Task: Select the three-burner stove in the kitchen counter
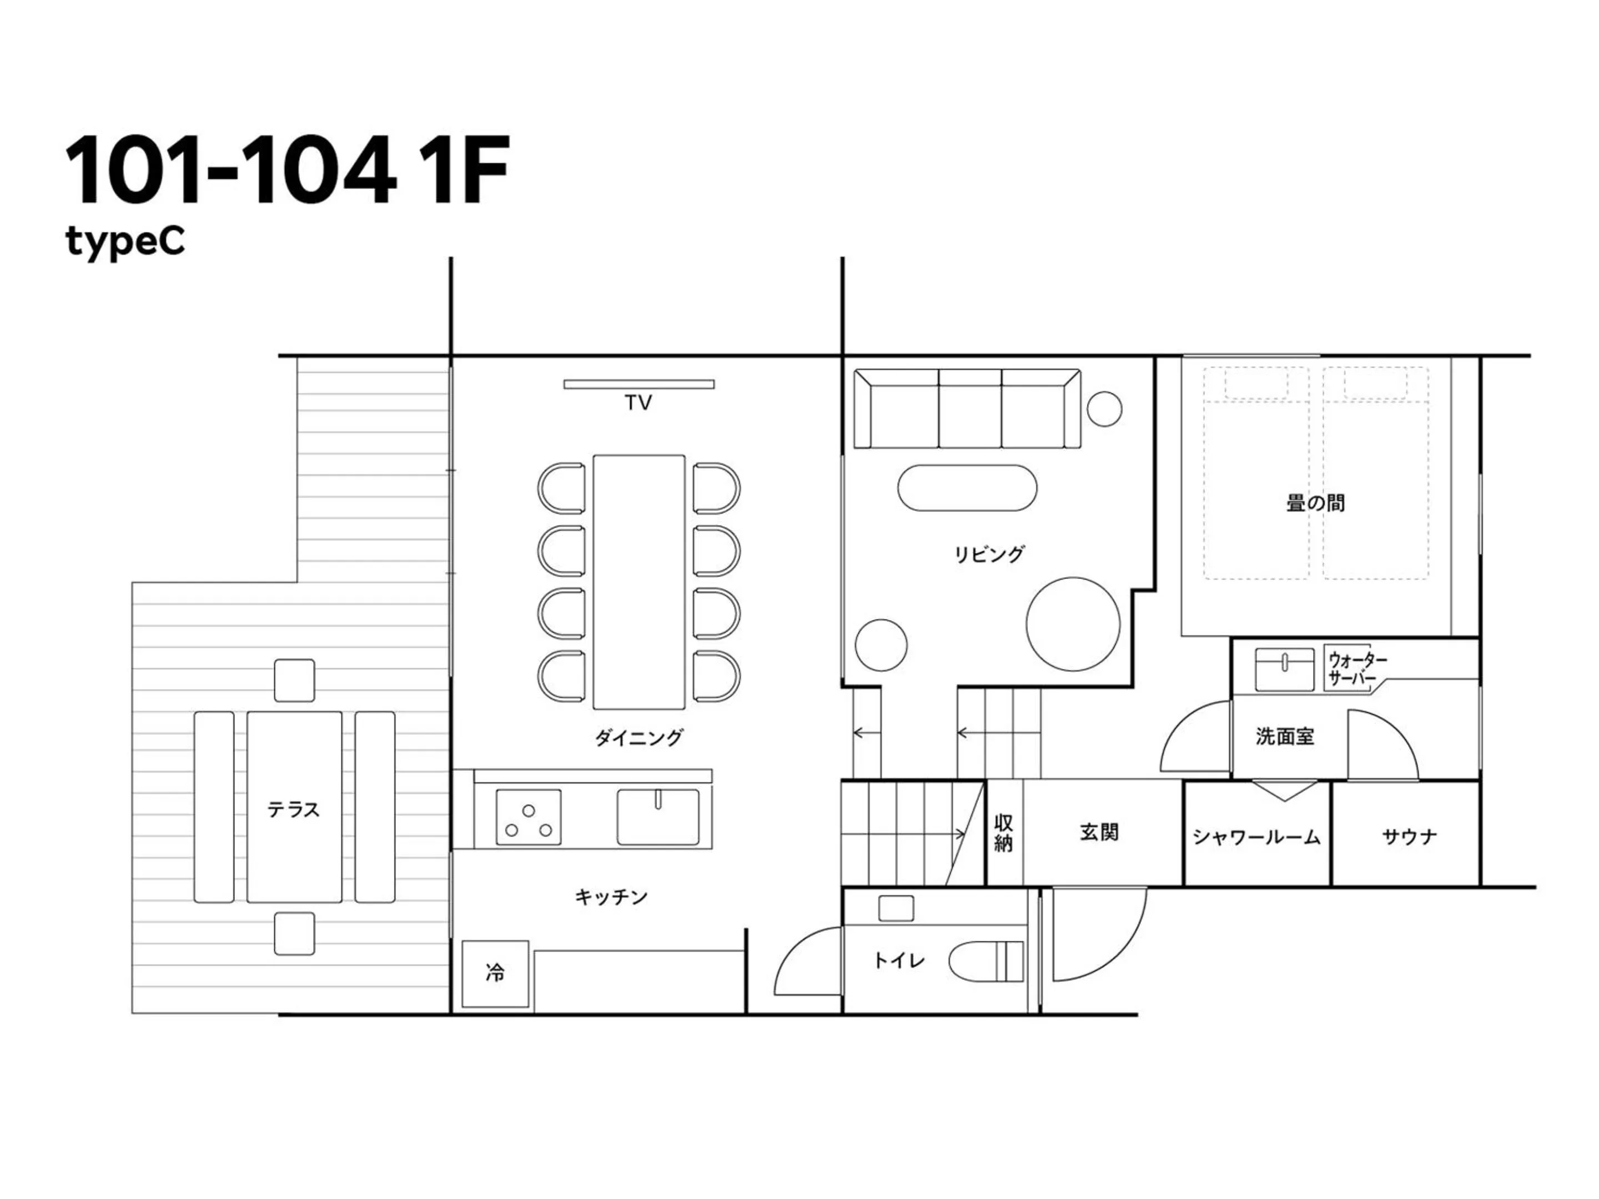tap(529, 818)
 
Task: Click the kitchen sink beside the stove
tap(657, 818)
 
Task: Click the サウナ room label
tap(1409, 837)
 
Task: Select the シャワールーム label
tap(1256, 837)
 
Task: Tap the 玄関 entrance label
tap(1099, 833)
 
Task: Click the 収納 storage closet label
tap(1003, 833)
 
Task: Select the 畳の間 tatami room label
tap(1316, 503)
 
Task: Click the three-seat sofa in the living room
tap(967, 409)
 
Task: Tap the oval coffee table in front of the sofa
tap(967, 488)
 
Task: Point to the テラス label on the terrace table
tap(294, 809)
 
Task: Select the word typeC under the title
tap(125, 241)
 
